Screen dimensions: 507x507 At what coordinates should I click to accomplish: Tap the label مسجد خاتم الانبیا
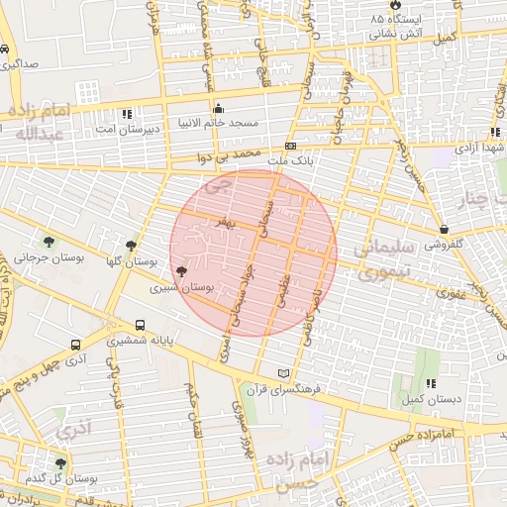218,123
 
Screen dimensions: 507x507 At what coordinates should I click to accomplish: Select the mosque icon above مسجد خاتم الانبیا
218,108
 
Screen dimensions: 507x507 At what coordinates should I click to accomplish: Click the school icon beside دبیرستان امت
127,114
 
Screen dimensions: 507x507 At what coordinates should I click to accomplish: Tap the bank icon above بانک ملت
290,146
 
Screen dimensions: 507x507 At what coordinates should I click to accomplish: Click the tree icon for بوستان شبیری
180,271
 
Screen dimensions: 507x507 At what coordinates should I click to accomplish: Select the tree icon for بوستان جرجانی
48,242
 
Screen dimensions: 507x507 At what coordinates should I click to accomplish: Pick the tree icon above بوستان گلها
131,245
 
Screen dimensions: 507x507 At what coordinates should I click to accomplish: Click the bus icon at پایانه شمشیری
140,325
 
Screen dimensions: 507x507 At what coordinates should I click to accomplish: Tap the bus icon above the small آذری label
76,345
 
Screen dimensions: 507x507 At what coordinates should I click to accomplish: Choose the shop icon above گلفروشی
443,229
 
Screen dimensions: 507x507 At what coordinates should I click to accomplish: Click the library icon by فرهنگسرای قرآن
284,373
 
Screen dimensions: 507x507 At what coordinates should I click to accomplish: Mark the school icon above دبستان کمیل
430,383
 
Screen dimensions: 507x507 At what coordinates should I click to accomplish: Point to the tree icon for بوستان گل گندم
60,462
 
